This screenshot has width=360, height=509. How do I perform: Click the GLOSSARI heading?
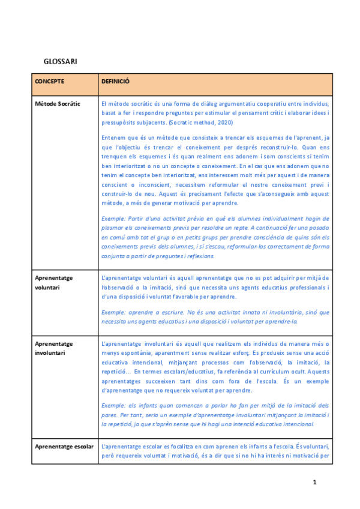click(60, 62)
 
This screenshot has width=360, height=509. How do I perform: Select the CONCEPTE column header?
click(49, 81)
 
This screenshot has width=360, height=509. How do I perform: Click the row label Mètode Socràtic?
click(58, 104)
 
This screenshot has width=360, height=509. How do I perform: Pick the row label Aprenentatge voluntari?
click(54, 283)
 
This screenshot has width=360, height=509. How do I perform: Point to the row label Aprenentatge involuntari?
click(54, 348)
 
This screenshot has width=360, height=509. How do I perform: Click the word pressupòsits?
click(121, 123)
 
